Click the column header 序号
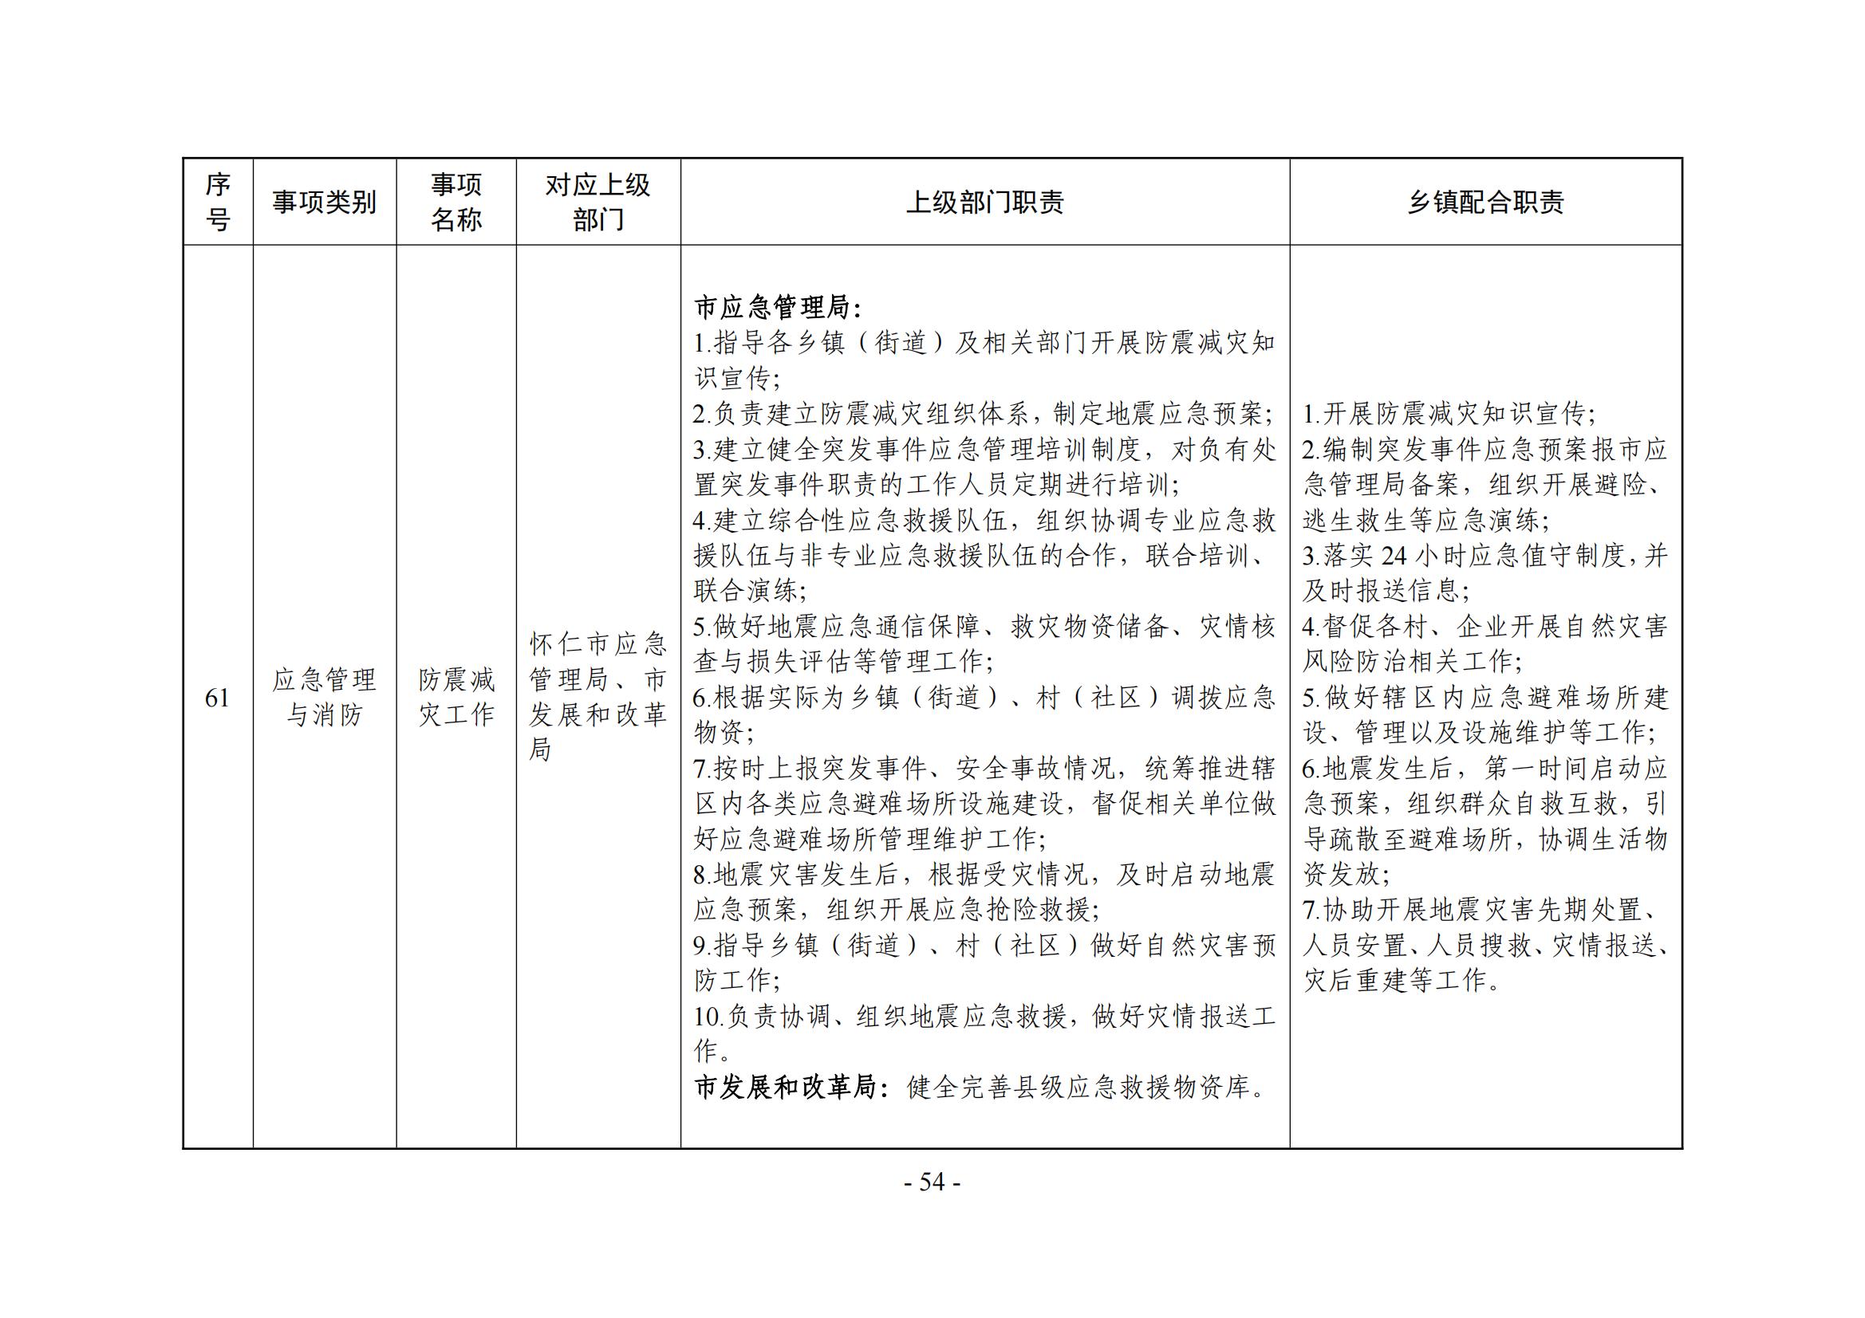click(218, 203)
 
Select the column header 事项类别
click(324, 203)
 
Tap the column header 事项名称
click(455, 203)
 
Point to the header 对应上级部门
click(597, 203)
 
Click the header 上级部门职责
click(984, 203)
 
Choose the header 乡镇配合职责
click(1485, 203)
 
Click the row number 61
click(218, 698)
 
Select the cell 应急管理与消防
click(324, 698)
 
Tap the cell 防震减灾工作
click(455, 698)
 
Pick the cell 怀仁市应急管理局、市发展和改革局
click(597, 698)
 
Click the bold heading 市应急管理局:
click(778, 308)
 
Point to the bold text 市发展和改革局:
click(786, 1088)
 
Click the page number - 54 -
click(932, 1182)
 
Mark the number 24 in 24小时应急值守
click(1394, 557)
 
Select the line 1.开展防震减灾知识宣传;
click(1449, 414)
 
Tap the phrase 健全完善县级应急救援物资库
click(1086, 1088)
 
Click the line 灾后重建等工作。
click(1402, 981)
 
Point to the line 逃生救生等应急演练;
click(1425, 521)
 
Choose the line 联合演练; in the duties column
click(750, 591)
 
